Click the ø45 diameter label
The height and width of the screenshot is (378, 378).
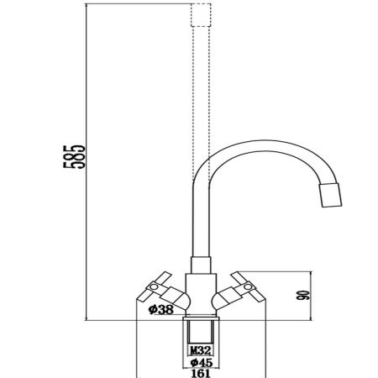200,362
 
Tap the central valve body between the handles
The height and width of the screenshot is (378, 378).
200,290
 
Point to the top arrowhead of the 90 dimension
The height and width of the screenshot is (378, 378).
310,275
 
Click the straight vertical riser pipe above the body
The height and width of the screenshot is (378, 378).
200,218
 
